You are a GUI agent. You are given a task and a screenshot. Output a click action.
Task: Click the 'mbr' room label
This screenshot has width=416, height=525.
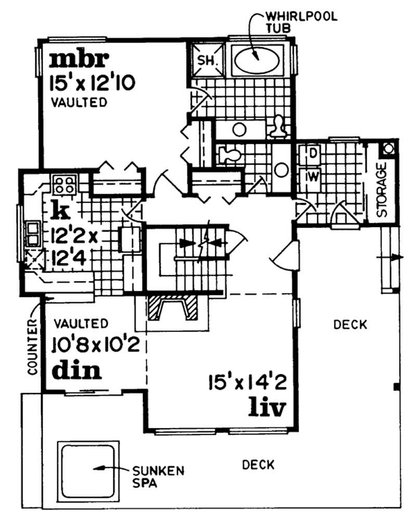coord(79,60)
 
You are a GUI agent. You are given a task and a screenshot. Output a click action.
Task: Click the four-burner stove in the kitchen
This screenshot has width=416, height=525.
coord(64,184)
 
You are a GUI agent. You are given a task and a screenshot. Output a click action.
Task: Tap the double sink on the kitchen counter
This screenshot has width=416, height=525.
coord(32,233)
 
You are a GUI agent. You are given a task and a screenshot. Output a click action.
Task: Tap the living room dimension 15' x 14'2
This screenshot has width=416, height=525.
coord(246,385)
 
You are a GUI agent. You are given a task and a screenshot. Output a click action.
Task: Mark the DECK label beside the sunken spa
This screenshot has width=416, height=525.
coord(258,464)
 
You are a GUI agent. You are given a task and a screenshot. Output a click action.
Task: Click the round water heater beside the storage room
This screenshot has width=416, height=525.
coord(388,149)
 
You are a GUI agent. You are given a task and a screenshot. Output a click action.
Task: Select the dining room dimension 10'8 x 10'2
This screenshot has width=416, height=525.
coord(96,344)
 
